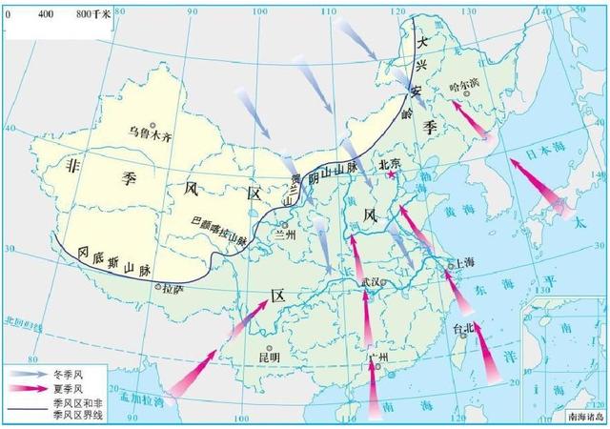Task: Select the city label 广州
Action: [378, 357]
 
